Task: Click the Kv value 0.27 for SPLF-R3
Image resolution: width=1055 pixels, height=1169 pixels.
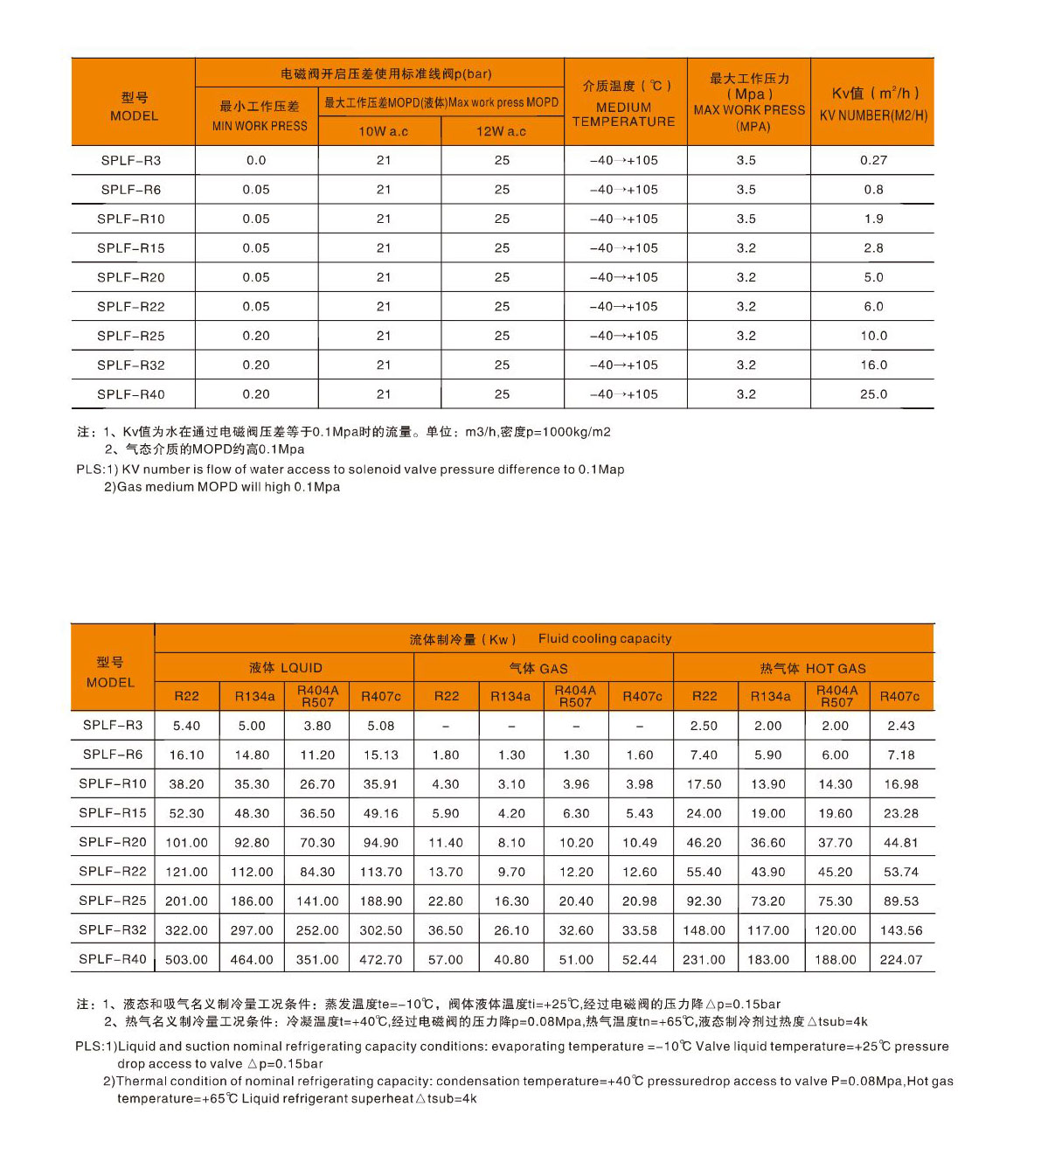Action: click(873, 160)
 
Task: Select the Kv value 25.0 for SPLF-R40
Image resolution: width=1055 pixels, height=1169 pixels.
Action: click(873, 394)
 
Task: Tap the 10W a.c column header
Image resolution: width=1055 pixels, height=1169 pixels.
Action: click(383, 131)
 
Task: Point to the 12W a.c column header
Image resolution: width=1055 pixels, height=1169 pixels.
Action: click(501, 131)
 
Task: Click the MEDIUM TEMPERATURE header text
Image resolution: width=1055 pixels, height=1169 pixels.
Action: click(624, 115)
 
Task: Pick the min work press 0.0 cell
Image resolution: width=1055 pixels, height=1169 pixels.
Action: click(256, 160)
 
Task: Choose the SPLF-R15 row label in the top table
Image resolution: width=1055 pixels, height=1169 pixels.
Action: click(131, 248)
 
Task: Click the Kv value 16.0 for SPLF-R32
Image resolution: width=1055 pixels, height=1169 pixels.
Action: click(873, 365)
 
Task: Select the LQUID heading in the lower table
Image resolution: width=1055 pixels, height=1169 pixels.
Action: click(286, 668)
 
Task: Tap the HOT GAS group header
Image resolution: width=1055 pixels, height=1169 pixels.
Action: click(813, 669)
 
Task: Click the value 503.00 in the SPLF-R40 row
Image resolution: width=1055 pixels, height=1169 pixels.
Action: click(187, 959)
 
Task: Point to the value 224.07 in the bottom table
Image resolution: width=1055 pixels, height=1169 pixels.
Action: click(901, 959)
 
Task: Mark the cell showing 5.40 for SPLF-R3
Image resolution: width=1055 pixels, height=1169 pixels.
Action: click(187, 726)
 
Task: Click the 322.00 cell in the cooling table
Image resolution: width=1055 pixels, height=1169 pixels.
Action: click(187, 930)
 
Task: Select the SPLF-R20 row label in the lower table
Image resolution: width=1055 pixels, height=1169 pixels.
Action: click(113, 842)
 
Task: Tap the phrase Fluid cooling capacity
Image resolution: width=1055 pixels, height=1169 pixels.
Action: click(605, 638)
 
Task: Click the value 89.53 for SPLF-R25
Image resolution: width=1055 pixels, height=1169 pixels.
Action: click(901, 901)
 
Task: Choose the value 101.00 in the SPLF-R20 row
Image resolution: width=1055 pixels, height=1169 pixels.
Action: click(187, 843)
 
